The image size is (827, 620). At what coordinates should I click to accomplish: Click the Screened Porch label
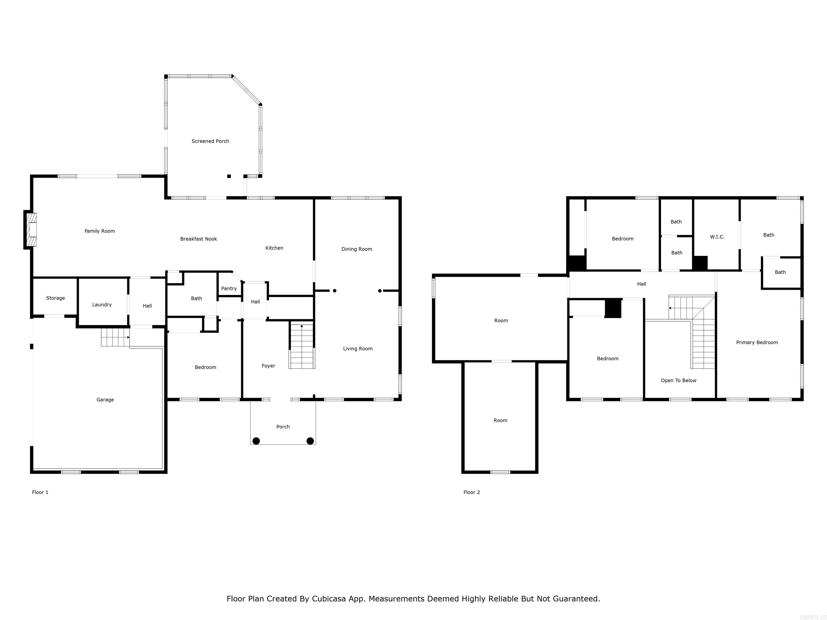click(x=210, y=141)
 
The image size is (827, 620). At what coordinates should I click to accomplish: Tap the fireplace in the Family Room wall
click(x=32, y=230)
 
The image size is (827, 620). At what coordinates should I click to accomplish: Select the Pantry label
click(x=229, y=288)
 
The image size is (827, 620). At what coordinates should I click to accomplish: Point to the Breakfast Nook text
click(x=198, y=239)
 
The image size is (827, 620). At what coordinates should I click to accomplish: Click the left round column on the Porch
click(x=256, y=441)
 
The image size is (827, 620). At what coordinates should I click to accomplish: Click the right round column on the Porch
click(x=310, y=441)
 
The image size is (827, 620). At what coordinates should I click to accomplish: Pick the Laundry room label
click(x=102, y=305)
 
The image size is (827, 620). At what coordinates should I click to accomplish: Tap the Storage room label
click(x=55, y=298)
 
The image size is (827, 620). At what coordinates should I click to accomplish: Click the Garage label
click(x=105, y=400)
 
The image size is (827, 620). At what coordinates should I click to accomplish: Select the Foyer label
click(x=268, y=366)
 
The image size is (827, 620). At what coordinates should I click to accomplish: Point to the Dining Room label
click(x=357, y=249)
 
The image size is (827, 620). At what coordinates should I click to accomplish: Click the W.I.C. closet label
click(x=717, y=237)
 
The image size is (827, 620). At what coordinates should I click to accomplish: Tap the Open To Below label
click(x=679, y=381)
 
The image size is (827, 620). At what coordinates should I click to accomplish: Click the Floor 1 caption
click(x=40, y=492)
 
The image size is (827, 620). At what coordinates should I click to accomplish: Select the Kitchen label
click(x=274, y=248)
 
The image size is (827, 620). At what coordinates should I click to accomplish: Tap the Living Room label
click(x=358, y=349)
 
